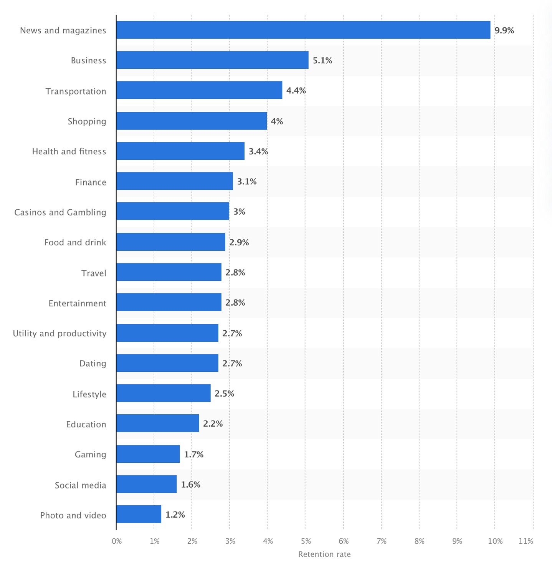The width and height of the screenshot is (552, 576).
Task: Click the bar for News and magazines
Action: tap(303, 30)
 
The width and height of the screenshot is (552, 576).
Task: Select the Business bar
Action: tap(212, 60)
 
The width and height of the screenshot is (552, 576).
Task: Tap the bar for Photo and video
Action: tap(139, 514)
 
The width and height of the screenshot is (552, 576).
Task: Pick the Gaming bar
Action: tap(148, 454)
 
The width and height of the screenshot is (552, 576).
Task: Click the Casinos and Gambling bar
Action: tap(173, 211)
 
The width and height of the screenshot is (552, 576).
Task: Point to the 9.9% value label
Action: tap(504, 30)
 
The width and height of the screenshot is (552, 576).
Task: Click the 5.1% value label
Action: tap(322, 60)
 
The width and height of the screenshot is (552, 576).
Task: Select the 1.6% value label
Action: tap(190, 485)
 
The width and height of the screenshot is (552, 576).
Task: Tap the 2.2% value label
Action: tap(213, 424)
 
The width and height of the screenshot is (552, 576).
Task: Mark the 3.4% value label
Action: tap(258, 151)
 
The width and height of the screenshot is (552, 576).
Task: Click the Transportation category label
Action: tap(76, 91)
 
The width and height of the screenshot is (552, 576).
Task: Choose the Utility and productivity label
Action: tap(59, 333)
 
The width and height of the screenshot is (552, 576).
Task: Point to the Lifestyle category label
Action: tap(89, 394)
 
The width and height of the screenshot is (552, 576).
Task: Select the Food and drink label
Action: tap(75, 242)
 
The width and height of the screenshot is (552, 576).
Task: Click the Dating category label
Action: tap(93, 363)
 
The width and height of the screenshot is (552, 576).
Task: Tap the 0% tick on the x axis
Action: tap(117, 541)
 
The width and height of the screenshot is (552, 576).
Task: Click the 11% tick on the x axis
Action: tap(526, 541)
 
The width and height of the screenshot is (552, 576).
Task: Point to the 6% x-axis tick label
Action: tap(344, 541)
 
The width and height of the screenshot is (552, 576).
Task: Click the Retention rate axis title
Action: tap(324, 554)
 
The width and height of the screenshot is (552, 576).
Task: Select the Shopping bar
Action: tap(192, 121)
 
